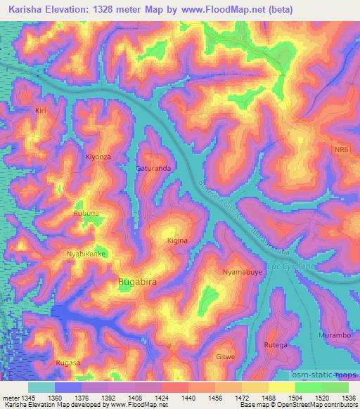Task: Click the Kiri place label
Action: pos(40,111)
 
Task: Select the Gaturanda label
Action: pos(153,169)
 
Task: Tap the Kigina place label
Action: pos(177,240)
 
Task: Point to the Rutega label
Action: pos(275,345)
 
